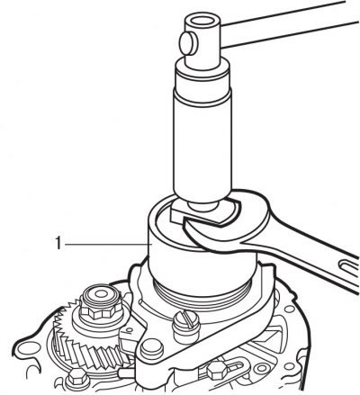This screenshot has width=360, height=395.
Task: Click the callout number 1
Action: tap(58, 243)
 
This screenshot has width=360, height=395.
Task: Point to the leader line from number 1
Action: tap(107, 245)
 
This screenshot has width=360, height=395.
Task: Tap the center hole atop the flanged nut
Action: tap(101, 293)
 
